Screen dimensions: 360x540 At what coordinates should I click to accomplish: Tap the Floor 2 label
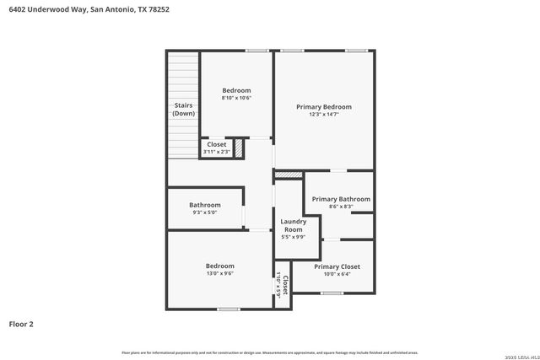[22, 323]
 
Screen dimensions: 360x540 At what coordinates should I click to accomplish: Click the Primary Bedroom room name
[323, 107]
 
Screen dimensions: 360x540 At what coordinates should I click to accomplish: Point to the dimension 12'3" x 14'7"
[323, 115]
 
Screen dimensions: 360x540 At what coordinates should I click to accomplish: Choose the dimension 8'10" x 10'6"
[236, 98]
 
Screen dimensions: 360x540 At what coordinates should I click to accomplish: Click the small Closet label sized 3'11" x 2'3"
[217, 144]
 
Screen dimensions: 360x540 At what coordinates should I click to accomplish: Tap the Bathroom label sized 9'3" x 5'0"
[205, 205]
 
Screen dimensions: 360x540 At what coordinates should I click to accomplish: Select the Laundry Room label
[293, 226]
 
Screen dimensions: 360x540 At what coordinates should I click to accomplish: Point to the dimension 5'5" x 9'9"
[293, 237]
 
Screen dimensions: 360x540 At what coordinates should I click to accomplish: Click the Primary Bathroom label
[341, 199]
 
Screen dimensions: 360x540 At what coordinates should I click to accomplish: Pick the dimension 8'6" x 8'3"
[341, 207]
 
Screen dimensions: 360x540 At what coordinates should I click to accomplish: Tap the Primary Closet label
[337, 266]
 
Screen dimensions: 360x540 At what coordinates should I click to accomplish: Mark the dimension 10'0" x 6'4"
[337, 274]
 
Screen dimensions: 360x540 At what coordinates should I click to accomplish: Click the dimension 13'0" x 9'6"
[220, 274]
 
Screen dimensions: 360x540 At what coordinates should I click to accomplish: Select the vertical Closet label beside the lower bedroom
[285, 283]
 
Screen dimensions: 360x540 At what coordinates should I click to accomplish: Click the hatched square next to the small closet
[239, 148]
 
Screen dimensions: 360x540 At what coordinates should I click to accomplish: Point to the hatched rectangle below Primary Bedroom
[289, 175]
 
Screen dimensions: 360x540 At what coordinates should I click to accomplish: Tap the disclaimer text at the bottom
[270, 352]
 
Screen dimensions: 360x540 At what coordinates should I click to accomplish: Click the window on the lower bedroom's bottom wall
[228, 309]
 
